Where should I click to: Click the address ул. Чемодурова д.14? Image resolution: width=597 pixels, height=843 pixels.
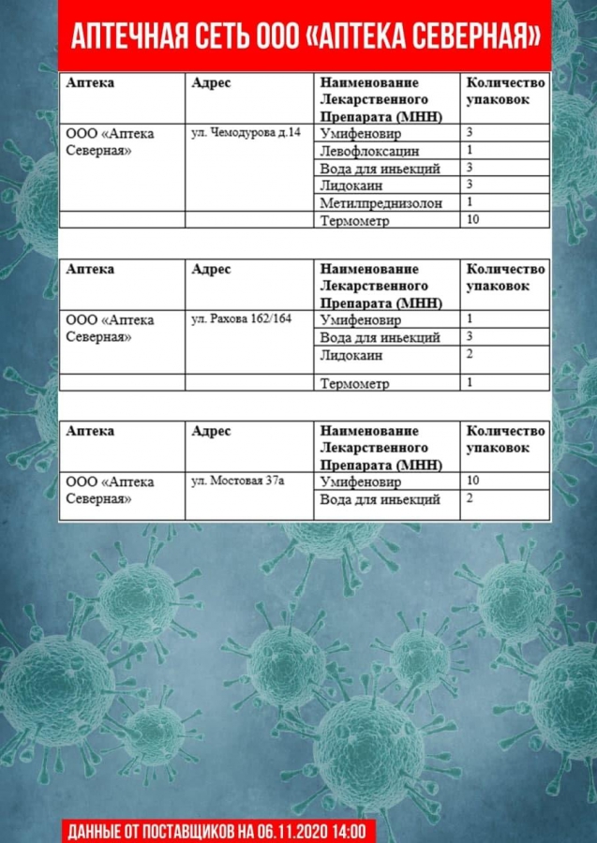click(x=246, y=132)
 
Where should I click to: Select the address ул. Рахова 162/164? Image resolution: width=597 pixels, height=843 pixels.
click(x=241, y=318)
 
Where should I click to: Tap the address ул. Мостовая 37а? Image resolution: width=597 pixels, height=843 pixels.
click(x=237, y=481)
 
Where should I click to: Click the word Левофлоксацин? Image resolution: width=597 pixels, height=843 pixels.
click(x=369, y=151)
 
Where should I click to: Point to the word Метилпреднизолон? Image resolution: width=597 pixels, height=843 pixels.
click(x=381, y=202)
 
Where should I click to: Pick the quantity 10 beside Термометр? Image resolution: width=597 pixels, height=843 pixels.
click(x=472, y=219)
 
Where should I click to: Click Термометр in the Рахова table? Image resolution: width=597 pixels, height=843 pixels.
click(x=354, y=383)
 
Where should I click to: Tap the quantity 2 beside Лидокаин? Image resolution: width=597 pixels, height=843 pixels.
click(x=470, y=354)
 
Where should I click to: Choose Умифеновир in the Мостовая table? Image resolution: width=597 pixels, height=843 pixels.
click(x=360, y=482)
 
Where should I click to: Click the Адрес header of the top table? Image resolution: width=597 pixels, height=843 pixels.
click(x=211, y=82)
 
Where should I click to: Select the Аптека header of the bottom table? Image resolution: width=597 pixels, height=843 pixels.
click(x=90, y=431)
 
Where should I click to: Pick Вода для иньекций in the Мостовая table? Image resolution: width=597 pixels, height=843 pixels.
click(x=380, y=499)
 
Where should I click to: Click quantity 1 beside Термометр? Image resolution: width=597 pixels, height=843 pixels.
click(x=470, y=381)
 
